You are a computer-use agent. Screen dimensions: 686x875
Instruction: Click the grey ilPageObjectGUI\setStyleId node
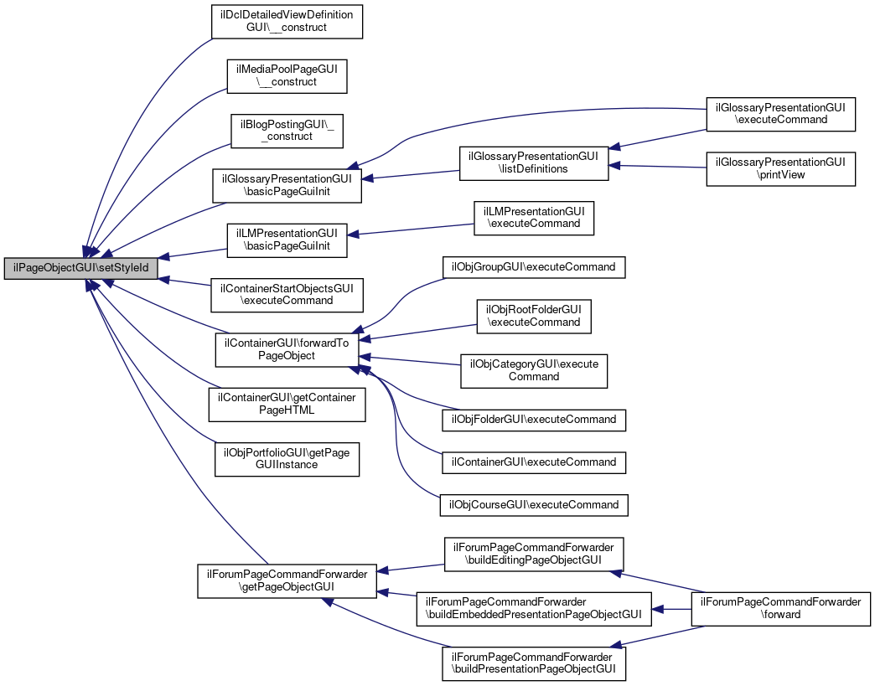pos(81,269)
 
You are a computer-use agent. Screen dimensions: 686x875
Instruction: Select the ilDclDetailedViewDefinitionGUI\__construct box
pos(287,21)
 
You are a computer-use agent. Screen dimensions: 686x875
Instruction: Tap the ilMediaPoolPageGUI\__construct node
pos(287,75)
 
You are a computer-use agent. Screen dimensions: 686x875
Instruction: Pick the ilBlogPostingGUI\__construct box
pos(287,129)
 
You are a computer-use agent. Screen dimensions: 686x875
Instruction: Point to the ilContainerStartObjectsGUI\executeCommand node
pos(287,293)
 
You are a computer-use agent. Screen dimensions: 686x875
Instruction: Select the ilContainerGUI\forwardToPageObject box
pos(287,348)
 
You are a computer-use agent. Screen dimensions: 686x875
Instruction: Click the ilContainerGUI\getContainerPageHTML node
pos(287,403)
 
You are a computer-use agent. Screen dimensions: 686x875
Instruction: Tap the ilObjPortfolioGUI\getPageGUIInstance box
pos(287,457)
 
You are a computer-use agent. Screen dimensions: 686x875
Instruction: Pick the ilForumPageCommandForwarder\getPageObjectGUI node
pos(287,580)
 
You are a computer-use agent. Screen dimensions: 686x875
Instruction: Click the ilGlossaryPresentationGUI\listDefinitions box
pos(533,162)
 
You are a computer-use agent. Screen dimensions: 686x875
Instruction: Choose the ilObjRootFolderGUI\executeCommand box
pos(533,316)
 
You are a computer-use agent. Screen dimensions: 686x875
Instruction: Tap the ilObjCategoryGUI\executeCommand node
pos(533,370)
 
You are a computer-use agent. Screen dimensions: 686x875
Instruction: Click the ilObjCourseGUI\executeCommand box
pos(533,505)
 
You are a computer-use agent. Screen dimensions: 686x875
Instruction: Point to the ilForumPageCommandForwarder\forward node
pos(780,607)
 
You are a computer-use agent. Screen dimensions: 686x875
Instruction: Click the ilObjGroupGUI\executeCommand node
pos(533,267)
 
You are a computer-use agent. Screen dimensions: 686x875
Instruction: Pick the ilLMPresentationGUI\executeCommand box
pos(533,217)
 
